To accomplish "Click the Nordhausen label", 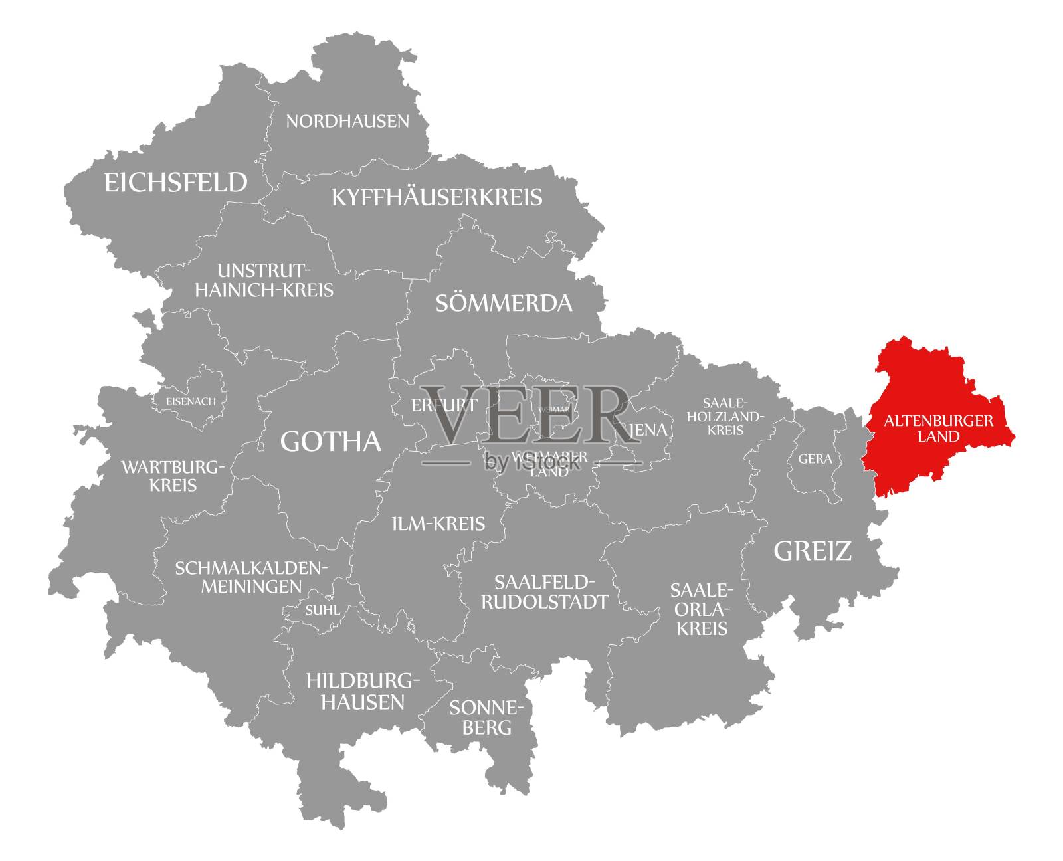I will pyautogui.click(x=347, y=121).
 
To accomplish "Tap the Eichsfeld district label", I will pyautogui.click(x=176, y=182).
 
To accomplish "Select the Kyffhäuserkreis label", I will pyautogui.click(x=437, y=197).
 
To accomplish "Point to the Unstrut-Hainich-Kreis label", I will pyautogui.click(x=264, y=280).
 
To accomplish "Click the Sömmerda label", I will pyautogui.click(x=504, y=304).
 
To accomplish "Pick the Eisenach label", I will pyautogui.click(x=191, y=401).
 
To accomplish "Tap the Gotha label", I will pyautogui.click(x=331, y=442).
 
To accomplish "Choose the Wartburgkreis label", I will pyautogui.click(x=173, y=476).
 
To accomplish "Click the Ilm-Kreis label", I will pyautogui.click(x=438, y=524).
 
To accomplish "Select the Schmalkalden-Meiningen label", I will pyautogui.click(x=252, y=577).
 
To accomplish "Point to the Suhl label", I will pyautogui.click(x=322, y=610).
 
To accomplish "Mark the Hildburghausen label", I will pyautogui.click(x=363, y=691).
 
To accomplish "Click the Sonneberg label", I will pyautogui.click(x=487, y=717).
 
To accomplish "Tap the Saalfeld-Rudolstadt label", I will pyautogui.click(x=545, y=592).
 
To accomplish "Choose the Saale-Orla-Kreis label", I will pyautogui.click(x=702, y=609).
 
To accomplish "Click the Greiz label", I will pyautogui.click(x=813, y=551).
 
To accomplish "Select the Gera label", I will pyautogui.click(x=815, y=459).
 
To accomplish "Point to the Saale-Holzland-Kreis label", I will pyautogui.click(x=725, y=417).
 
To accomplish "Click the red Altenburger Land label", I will pyautogui.click(x=939, y=429).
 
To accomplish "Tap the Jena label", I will pyautogui.click(x=648, y=430).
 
